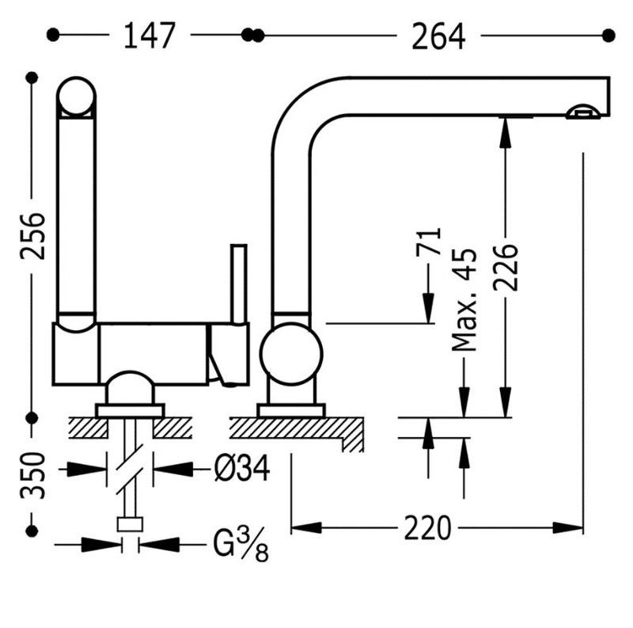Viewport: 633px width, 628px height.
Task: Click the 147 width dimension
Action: [150, 36]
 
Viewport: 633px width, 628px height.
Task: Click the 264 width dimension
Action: [438, 36]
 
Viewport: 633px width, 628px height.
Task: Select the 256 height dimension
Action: [32, 236]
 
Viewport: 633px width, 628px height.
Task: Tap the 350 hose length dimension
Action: [32, 475]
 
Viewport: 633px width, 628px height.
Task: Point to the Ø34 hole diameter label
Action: [242, 468]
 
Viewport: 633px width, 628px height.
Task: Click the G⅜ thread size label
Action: [241, 543]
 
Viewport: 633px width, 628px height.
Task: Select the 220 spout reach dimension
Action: [427, 527]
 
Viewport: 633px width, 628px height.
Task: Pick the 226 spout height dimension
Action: [506, 267]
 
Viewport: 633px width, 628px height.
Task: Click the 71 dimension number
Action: [428, 242]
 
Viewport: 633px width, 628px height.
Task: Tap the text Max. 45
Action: [464, 299]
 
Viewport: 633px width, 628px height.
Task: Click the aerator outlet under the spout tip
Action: [583, 112]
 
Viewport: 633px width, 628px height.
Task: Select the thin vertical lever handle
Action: [239, 284]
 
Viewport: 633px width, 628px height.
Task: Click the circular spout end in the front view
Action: [76, 97]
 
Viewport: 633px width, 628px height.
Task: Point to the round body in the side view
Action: [291, 354]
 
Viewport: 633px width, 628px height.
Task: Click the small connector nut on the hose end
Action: [130, 524]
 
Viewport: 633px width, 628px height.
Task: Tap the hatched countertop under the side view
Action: [297, 431]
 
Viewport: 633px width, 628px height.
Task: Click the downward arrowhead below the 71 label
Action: [428, 308]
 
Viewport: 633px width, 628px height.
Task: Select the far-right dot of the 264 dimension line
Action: [608, 36]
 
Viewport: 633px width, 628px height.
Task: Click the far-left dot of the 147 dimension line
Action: [53, 35]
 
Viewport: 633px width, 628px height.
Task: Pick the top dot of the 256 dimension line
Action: [32, 78]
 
